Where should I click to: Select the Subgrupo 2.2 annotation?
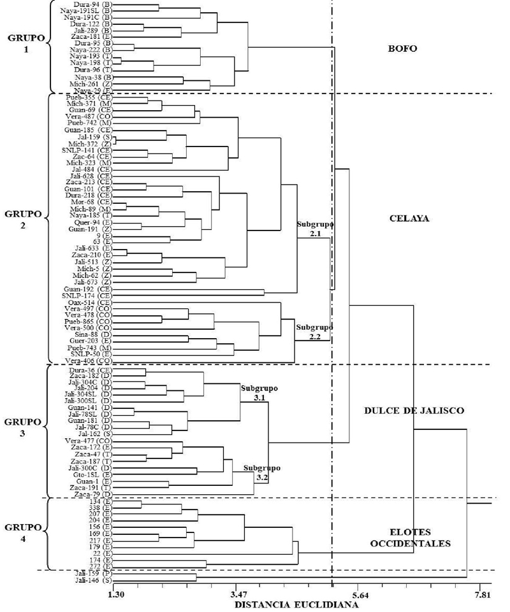[315, 332]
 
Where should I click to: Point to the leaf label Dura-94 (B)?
[94, 4]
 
